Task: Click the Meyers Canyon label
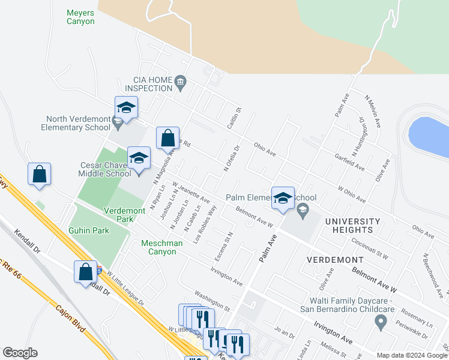[x=80, y=16]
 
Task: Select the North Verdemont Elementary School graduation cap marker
[x=127, y=108]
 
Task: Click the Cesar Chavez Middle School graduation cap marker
[x=139, y=158]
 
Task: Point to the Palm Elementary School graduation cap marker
[x=283, y=199]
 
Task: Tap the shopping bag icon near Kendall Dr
[x=86, y=271]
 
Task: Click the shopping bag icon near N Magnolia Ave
[x=167, y=138]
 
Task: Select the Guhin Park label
[x=88, y=230]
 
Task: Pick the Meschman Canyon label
[x=158, y=247]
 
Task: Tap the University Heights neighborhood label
[x=353, y=226]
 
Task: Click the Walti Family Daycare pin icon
[x=380, y=323]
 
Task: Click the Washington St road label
[x=212, y=301]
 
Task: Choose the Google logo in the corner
[x=20, y=353]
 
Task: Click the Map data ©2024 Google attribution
[x=412, y=355]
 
